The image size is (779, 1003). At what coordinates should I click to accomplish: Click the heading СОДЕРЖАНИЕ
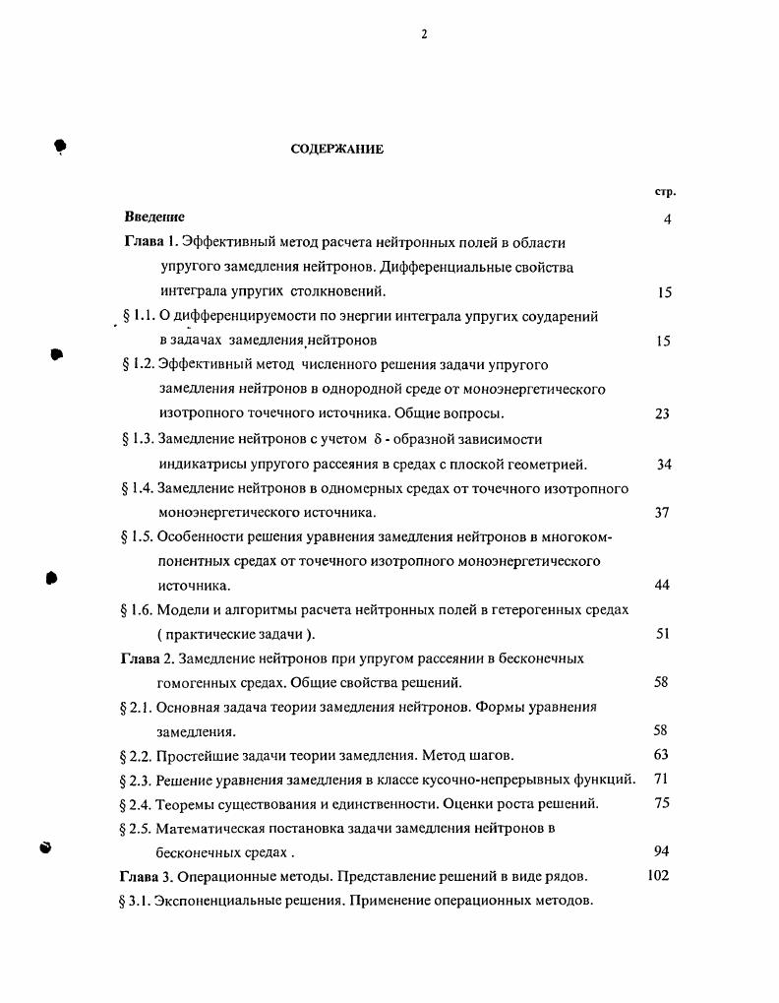336,149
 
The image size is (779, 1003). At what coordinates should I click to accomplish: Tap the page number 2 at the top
424,34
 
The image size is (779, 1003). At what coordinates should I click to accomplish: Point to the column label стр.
666,191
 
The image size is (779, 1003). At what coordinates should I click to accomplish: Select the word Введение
154,217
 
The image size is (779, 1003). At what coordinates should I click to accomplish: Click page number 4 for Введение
667,219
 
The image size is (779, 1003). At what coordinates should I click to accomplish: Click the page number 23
662,414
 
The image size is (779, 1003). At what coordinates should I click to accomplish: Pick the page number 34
663,464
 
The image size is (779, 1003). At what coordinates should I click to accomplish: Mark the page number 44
662,585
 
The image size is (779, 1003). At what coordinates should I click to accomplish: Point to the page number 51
662,634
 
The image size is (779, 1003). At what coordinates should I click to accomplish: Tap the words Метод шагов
468,755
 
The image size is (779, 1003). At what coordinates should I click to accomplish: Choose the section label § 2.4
137,804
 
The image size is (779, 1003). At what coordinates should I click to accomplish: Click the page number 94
661,851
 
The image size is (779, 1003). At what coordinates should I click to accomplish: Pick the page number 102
658,875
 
